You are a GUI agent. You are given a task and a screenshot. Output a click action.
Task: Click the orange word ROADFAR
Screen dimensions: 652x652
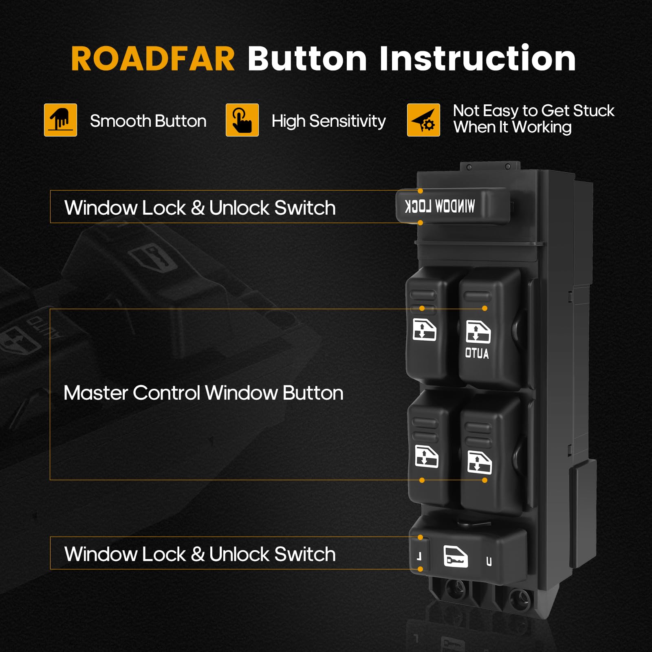click(x=153, y=59)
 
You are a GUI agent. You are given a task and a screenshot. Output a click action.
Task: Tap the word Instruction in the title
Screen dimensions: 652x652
click(x=478, y=59)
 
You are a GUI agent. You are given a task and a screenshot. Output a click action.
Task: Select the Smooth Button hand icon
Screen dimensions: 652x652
click(x=60, y=120)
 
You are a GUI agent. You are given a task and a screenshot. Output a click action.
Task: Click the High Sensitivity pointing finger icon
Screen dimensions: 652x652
click(x=242, y=120)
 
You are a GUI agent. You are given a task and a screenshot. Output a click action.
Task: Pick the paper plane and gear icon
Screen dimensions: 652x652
click(x=423, y=120)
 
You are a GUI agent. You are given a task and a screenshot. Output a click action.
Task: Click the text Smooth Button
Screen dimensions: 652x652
click(x=148, y=121)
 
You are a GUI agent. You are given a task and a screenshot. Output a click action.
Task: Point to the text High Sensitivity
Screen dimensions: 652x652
click(x=328, y=121)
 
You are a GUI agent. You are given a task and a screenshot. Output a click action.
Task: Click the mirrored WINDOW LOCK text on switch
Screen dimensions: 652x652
click(x=440, y=206)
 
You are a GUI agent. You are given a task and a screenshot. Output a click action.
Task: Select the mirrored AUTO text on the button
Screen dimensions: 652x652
click(x=477, y=353)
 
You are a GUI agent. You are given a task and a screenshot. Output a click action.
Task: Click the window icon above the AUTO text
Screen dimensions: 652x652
click(x=478, y=332)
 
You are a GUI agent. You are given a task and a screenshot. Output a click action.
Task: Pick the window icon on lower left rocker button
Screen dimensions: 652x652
click(x=426, y=456)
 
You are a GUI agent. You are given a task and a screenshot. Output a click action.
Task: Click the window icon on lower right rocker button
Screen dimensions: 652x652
click(x=479, y=463)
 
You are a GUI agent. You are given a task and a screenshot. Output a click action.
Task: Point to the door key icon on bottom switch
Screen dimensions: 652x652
click(x=455, y=557)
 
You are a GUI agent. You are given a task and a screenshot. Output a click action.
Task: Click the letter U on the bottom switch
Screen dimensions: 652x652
click(x=489, y=562)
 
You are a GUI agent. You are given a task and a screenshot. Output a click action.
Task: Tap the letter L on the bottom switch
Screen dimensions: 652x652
click(x=419, y=556)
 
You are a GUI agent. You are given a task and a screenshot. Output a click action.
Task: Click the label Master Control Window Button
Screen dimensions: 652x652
click(x=203, y=393)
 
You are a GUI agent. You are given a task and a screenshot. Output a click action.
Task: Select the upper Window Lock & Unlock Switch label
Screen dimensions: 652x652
click(x=200, y=208)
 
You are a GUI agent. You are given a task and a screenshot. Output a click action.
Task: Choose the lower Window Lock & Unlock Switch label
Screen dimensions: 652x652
click(x=200, y=554)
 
